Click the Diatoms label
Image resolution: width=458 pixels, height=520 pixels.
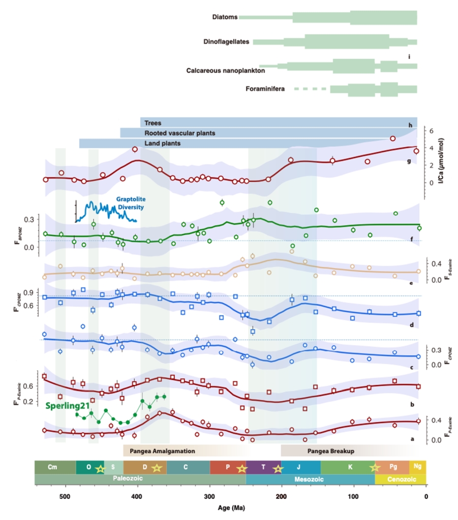click(225, 17)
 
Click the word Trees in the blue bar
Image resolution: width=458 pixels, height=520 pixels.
click(152, 123)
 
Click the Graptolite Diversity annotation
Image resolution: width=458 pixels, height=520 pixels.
click(130, 203)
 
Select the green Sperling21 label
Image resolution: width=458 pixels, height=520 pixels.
click(66, 406)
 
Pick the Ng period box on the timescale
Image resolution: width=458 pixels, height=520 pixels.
click(418, 467)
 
